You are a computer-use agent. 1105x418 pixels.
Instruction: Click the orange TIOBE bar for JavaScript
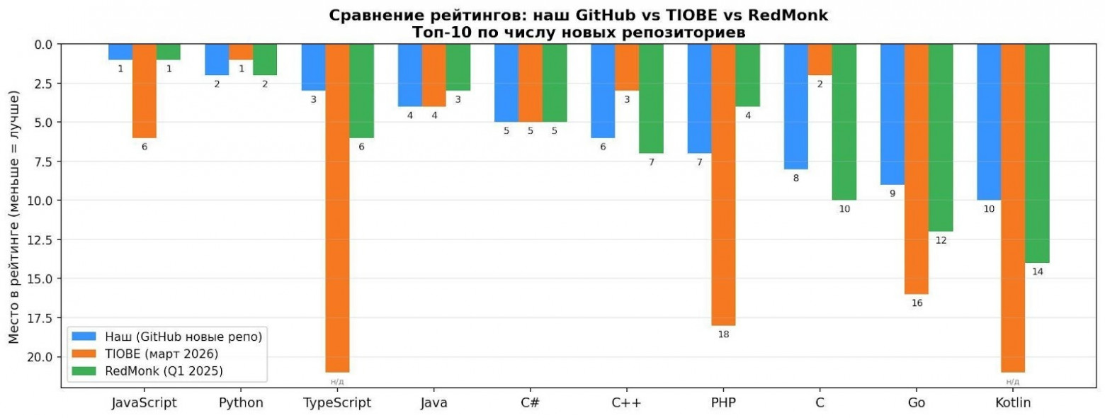(x=144, y=91)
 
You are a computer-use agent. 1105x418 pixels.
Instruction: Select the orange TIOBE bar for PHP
(x=723, y=184)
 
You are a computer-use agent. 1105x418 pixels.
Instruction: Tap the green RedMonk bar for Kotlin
(x=1037, y=152)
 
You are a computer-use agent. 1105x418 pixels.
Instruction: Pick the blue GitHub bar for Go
(x=892, y=113)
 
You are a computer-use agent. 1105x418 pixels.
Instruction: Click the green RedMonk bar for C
(x=844, y=122)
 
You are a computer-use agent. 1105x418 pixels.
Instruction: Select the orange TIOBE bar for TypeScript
(x=337, y=208)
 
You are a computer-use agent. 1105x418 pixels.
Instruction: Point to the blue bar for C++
(x=603, y=91)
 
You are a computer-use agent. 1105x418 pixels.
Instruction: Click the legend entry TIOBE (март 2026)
(x=161, y=353)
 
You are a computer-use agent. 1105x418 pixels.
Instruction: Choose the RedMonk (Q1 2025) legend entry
(x=169, y=371)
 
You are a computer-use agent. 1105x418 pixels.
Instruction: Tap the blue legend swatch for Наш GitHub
(x=84, y=336)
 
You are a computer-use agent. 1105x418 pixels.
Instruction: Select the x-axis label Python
(x=241, y=403)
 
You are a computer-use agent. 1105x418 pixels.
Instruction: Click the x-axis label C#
(x=530, y=403)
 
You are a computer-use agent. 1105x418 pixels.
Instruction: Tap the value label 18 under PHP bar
(x=723, y=334)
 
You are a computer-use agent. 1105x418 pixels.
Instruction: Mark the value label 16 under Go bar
(x=917, y=303)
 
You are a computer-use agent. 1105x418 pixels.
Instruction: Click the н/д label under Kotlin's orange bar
(x=1013, y=382)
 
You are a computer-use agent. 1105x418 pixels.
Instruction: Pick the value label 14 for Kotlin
(x=1037, y=272)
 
